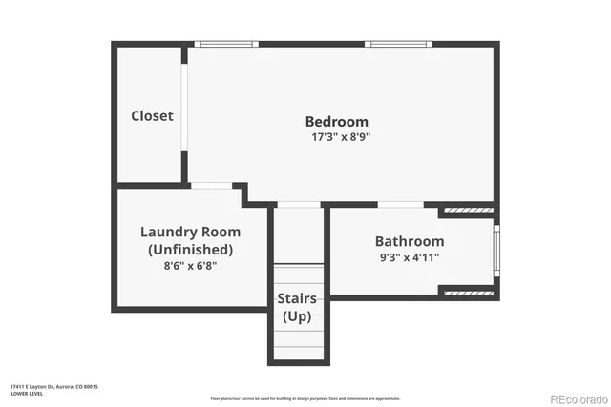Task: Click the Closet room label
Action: tap(152, 115)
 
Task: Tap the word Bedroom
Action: tap(336, 121)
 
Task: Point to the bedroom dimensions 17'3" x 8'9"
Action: tap(336, 137)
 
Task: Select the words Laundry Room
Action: tap(190, 232)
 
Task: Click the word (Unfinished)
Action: tap(190, 249)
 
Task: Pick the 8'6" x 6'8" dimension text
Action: tap(190, 266)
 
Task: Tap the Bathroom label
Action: tap(409, 241)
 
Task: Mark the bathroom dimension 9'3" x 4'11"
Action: tap(409, 257)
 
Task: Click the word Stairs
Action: tap(297, 299)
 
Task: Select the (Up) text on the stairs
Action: tap(297, 316)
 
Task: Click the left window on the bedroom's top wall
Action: tap(226, 44)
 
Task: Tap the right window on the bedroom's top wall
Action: tap(399, 44)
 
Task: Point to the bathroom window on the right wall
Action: tap(495, 251)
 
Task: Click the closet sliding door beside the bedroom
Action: tap(185, 106)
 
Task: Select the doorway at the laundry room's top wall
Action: tap(211, 185)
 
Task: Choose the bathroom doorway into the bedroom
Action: tap(401, 204)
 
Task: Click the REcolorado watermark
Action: tap(577, 397)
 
